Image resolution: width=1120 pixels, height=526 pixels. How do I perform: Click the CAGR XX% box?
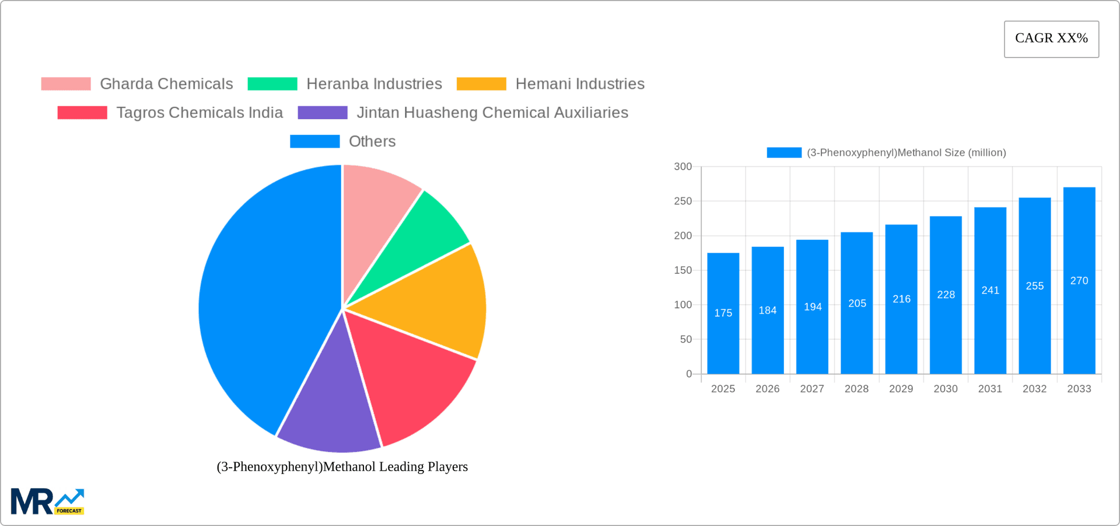[1051, 39]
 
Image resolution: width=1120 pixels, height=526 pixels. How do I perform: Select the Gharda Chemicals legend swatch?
[66, 84]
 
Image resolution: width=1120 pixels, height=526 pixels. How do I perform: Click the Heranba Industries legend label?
[374, 84]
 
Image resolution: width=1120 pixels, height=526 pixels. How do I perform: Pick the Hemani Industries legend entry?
[579, 84]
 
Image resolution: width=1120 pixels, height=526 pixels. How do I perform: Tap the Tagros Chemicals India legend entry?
[199, 113]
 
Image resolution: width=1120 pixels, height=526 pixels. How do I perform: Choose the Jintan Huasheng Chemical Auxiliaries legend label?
[492, 113]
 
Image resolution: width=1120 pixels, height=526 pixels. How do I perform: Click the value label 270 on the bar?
[1079, 281]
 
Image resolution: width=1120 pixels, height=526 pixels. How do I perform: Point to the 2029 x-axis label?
[901, 389]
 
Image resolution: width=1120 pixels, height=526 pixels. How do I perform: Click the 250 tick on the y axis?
[682, 201]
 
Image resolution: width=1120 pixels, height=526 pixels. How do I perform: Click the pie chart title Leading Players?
[342, 466]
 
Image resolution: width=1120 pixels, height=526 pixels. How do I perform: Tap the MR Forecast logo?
[47, 501]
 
